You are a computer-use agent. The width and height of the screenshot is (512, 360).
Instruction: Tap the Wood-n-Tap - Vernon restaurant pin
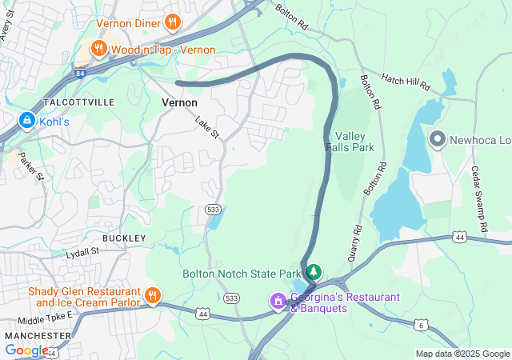point(98,50)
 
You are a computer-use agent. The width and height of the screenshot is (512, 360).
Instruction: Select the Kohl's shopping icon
point(26,121)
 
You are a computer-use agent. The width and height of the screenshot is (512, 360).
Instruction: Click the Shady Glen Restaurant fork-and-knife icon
point(152,297)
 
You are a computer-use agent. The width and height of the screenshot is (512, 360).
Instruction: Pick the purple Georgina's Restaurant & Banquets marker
point(278,301)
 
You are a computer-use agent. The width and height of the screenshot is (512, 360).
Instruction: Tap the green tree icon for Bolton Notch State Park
point(314,272)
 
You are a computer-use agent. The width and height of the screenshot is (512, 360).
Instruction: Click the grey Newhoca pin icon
point(437,140)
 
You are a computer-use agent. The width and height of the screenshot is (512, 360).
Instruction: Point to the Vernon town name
point(180,102)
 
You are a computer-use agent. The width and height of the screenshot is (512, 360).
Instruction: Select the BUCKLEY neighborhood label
point(124,238)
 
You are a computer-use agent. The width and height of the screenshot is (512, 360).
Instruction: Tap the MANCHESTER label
point(32,335)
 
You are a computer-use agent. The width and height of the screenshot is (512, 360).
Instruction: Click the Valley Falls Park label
point(350,142)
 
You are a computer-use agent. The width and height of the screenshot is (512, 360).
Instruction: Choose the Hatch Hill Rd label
point(406,82)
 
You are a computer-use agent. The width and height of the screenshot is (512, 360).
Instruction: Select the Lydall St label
point(82,251)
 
